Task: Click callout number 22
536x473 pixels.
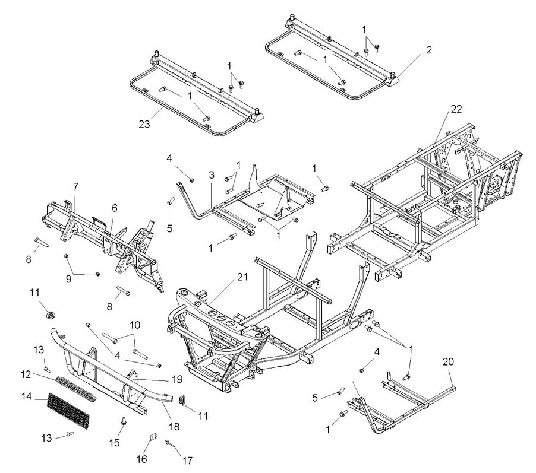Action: pyautogui.click(x=455, y=109)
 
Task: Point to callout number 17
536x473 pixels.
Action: pyautogui.click(x=188, y=459)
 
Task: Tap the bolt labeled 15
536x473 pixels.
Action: pyautogui.click(x=123, y=422)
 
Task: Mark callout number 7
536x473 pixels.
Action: pyautogui.click(x=75, y=187)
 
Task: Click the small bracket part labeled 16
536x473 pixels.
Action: pyautogui.click(x=152, y=439)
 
